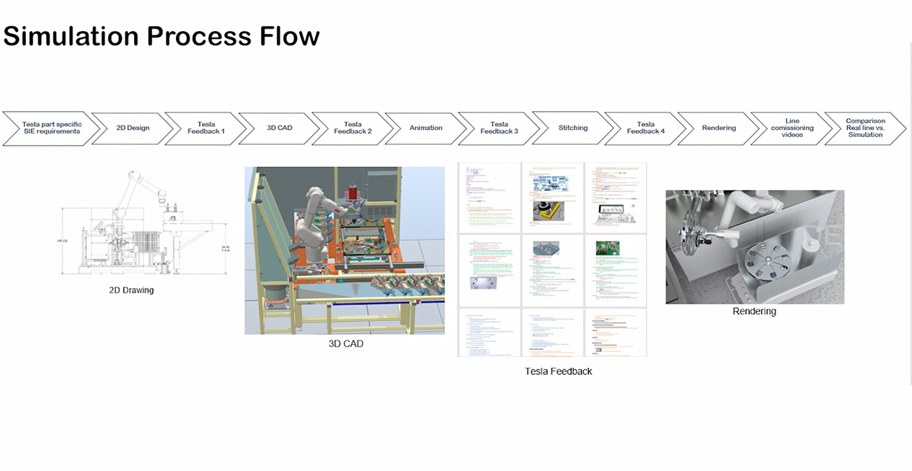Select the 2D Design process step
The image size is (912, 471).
[133, 128]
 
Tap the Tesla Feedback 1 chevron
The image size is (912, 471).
[206, 128]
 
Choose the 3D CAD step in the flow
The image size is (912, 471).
[280, 128]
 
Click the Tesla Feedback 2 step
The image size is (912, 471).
[353, 128]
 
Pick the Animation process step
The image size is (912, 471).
[426, 128]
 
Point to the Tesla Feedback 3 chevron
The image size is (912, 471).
[499, 128]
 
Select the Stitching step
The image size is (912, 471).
[572, 128]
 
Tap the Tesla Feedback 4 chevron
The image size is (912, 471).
[645, 128]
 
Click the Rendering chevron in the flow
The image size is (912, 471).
[719, 128]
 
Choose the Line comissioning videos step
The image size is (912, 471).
[792, 128]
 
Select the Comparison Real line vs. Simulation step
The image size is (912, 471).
[865, 128]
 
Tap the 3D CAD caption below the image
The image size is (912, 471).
[346, 344]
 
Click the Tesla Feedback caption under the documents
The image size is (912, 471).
[559, 371]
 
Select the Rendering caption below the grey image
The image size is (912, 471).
[754, 312]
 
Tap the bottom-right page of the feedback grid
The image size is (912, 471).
[615, 333]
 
